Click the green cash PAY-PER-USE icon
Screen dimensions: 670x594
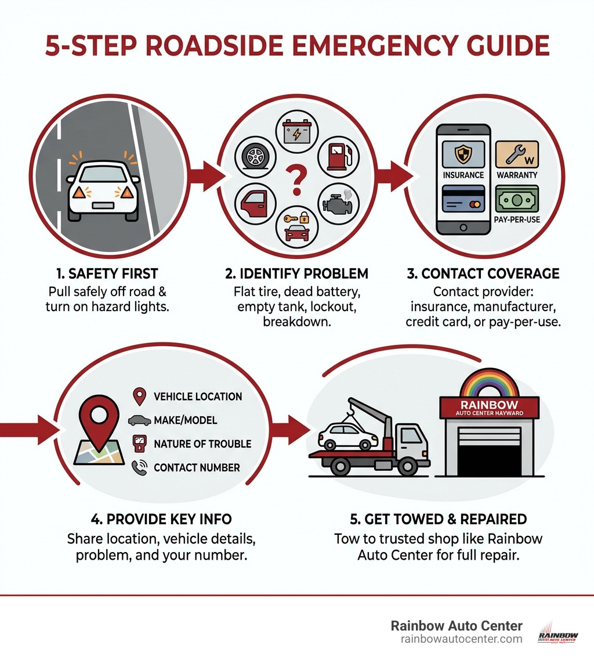(x=517, y=200)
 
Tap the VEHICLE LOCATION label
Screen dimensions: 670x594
(x=198, y=397)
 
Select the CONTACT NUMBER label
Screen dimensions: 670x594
(x=197, y=467)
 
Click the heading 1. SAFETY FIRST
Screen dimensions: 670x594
(x=107, y=273)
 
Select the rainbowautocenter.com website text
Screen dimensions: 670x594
(x=461, y=639)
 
